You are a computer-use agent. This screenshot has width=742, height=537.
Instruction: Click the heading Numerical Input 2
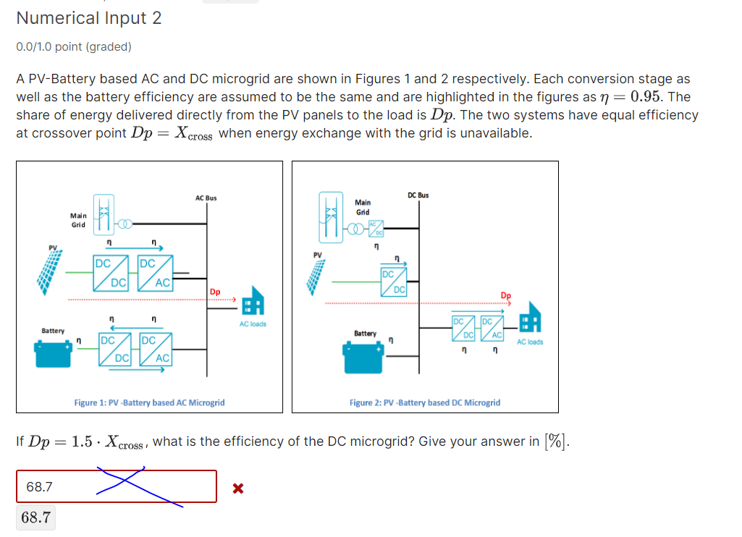pos(89,18)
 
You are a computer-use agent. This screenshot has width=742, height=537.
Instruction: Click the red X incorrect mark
pos(237,489)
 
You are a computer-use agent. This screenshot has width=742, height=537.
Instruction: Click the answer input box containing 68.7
pos(117,486)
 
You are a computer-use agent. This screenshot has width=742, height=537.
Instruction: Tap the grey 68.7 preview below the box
pos(36,517)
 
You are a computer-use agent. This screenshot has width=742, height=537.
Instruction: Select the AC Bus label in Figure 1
pos(206,198)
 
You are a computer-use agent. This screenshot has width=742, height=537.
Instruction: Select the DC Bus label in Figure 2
pos(418,195)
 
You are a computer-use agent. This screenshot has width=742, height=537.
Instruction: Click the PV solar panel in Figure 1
pos(51,275)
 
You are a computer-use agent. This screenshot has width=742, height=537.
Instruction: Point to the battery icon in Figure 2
pos(363,356)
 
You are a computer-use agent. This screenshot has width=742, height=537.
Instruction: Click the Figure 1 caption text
pos(149,402)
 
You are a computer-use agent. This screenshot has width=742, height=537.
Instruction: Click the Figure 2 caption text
pos(424,402)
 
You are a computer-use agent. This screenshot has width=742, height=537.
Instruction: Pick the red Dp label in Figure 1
pos(215,292)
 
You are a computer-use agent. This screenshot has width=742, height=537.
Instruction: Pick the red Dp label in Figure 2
pos(505,295)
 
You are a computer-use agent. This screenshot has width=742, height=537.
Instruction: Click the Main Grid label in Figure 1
pos(77,220)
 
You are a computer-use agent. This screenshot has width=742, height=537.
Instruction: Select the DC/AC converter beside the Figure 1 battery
pos(157,349)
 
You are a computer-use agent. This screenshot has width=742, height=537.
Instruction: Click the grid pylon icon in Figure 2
pos(332,215)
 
